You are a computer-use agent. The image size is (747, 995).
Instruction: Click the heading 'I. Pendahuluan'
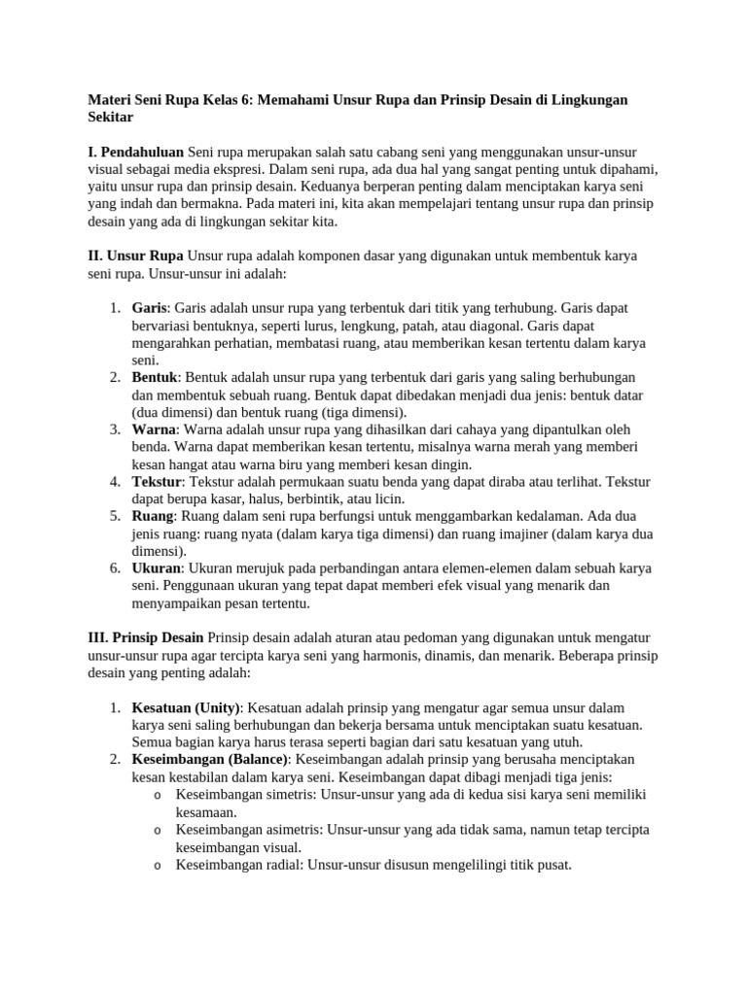(x=136, y=153)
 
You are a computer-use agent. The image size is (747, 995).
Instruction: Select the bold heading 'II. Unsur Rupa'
(x=136, y=257)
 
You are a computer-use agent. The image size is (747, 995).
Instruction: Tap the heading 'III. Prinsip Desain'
(x=146, y=636)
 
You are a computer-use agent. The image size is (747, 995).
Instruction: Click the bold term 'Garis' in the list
(x=150, y=308)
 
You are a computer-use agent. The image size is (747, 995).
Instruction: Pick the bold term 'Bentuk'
(x=156, y=377)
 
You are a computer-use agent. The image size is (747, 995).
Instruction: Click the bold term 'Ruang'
(x=153, y=517)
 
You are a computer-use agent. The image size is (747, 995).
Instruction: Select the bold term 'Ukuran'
(x=157, y=568)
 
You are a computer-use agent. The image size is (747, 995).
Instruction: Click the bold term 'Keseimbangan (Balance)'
(x=209, y=759)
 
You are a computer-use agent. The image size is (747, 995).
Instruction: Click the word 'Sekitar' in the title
(x=110, y=118)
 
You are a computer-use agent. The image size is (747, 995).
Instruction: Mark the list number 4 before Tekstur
(x=115, y=482)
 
